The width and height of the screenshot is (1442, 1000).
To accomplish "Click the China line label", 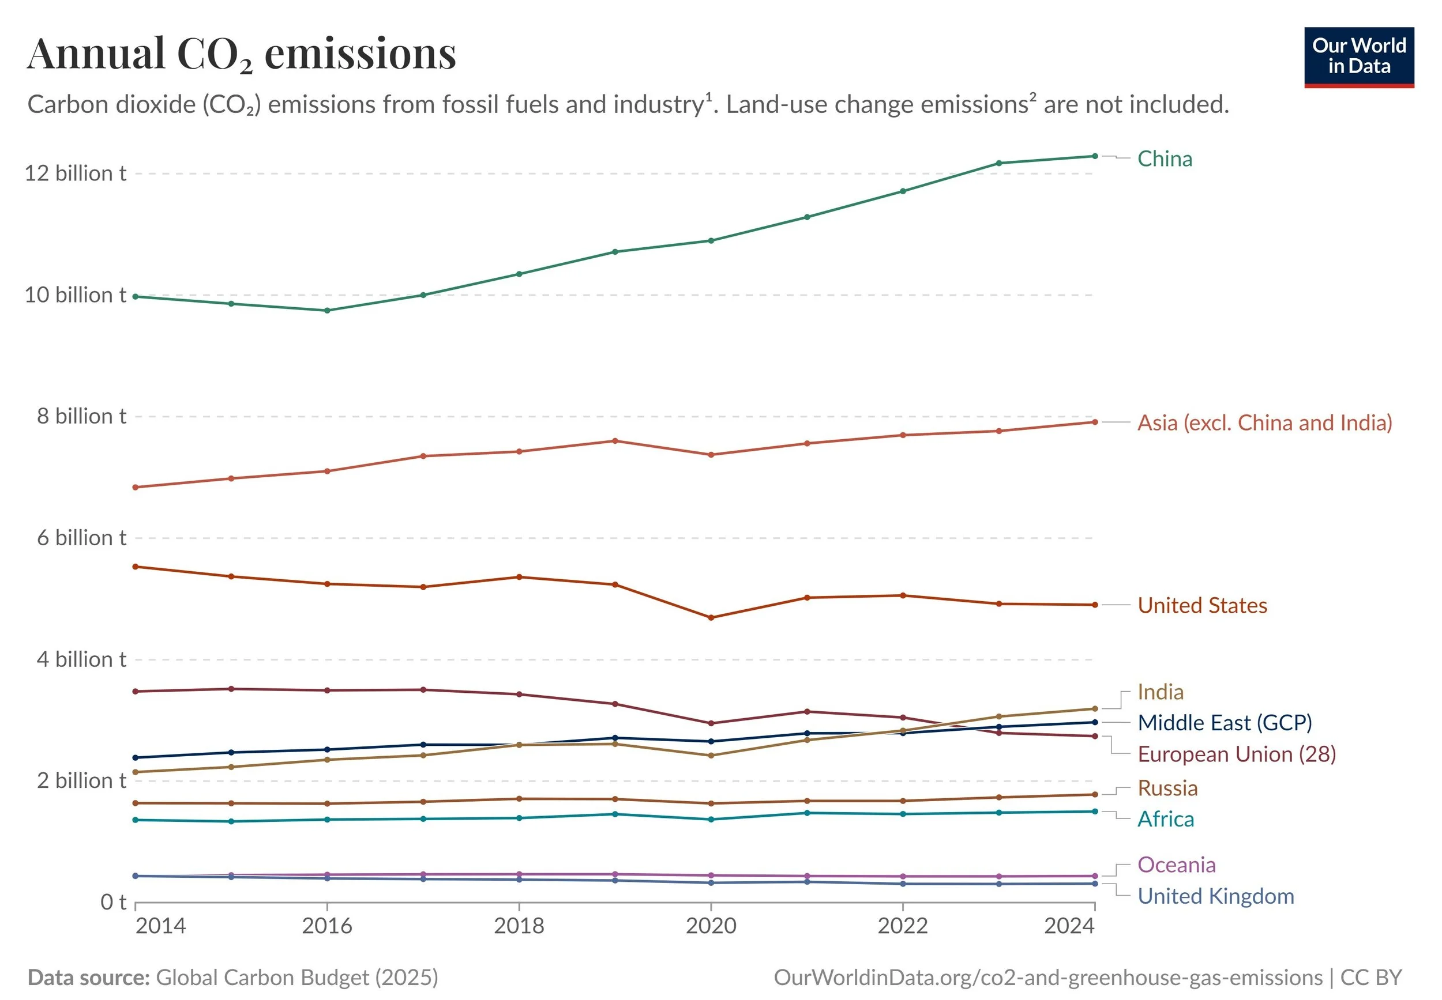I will (x=1164, y=159).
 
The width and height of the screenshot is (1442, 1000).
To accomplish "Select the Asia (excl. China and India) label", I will (x=1264, y=423).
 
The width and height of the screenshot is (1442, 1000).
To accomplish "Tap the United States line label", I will (x=1202, y=605).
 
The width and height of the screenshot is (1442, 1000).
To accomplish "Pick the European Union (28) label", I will (x=1236, y=754).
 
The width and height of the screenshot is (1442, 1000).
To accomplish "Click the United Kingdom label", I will (x=1216, y=896).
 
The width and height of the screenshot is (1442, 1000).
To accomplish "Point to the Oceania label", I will (x=1176, y=865).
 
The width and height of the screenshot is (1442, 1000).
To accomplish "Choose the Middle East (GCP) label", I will (x=1225, y=722).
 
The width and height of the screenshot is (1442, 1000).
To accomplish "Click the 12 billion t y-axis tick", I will (x=75, y=173).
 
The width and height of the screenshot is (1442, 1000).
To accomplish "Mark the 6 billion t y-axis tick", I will (x=81, y=538).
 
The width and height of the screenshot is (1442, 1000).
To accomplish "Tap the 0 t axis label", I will (x=114, y=902).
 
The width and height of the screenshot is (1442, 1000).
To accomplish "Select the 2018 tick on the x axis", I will (x=519, y=926).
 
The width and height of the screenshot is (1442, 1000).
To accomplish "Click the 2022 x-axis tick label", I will (x=902, y=926).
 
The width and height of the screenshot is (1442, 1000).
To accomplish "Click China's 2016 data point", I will (x=326, y=310).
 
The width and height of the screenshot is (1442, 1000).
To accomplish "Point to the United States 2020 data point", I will (x=711, y=618).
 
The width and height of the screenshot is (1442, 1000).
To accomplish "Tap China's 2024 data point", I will (x=1095, y=156).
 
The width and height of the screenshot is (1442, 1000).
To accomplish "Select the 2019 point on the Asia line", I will (x=614, y=441).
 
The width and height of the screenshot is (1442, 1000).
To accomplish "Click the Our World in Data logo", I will (x=1358, y=57).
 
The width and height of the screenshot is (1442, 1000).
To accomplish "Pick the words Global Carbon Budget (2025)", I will (x=296, y=978).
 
